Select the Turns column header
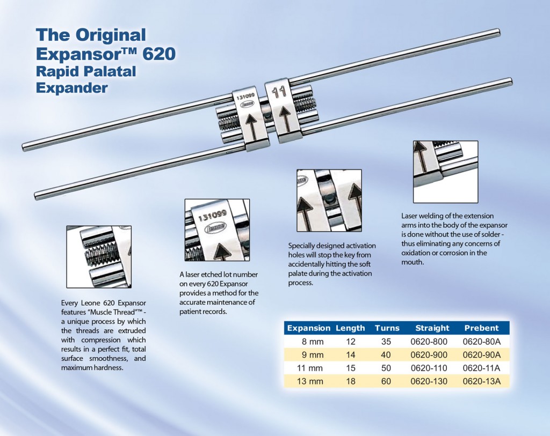[x=387, y=328]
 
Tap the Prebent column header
[x=481, y=328]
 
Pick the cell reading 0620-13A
[x=482, y=381]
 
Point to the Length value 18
[x=350, y=381]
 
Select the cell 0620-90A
[x=482, y=354]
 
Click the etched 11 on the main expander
[x=278, y=92]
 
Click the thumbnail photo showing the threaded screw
[x=99, y=256]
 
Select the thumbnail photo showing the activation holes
[x=329, y=200]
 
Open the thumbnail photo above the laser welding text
[x=445, y=172]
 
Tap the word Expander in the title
[x=71, y=87]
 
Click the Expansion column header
[x=308, y=328]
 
